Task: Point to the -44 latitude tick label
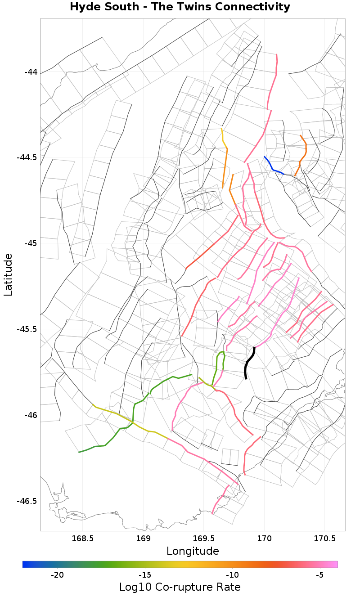tap(30, 72)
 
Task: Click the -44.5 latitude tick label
tap(27, 157)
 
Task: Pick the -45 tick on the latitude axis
tap(30, 243)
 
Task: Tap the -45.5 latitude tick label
tap(27, 329)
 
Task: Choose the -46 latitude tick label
tap(30, 415)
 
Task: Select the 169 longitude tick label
tap(143, 538)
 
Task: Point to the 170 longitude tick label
tap(264, 538)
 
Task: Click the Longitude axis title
tap(193, 551)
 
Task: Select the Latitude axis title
tap(8, 274)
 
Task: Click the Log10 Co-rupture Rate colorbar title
tap(180, 587)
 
